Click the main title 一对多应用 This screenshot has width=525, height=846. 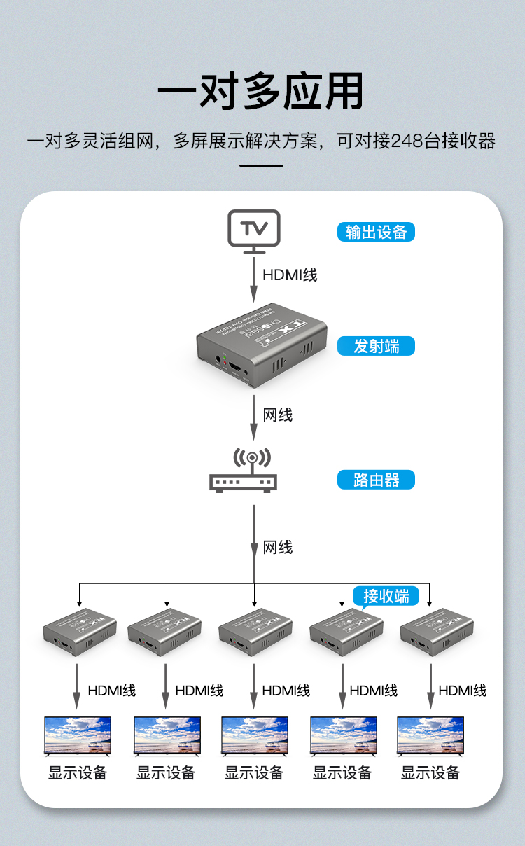tap(260, 91)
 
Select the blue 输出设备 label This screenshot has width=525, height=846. tap(376, 233)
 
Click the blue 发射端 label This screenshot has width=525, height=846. tap(376, 346)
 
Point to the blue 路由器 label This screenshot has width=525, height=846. tap(376, 480)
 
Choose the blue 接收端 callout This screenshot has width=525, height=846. tap(386, 596)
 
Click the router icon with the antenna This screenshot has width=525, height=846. tap(244, 471)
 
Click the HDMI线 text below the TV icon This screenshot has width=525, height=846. tap(290, 275)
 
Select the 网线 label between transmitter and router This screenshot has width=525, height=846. tap(278, 415)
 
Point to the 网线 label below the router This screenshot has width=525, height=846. tap(278, 547)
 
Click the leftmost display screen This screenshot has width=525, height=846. tap(78, 735)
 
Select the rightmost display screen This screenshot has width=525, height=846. tap(430, 735)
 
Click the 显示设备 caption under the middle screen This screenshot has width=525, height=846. tap(254, 773)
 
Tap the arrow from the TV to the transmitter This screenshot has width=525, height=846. tap(255, 280)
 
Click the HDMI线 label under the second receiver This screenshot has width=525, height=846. tap(199, 691)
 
